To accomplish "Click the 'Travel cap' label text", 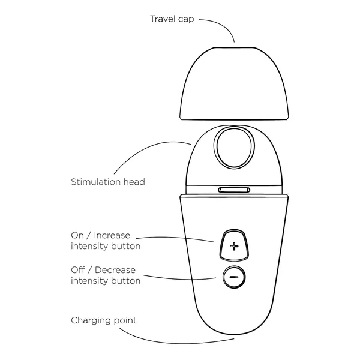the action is click(172, 19).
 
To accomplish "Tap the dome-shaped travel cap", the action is click(234, 83).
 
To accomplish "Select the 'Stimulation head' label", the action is click(108, 182).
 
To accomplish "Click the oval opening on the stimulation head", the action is click(234, 148).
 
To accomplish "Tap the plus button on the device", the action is click(234, 245).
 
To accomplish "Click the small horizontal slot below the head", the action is click(234, 190).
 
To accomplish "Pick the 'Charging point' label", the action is click(104, 320).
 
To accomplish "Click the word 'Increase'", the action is click(112, 235).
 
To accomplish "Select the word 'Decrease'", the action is click(115, 270).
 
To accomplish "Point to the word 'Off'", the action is click(78, 270).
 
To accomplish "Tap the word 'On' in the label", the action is click(77, 235).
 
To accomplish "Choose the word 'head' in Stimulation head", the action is click(134, 182).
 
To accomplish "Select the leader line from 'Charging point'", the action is click(175, 342).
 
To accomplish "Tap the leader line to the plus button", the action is click(175, 238).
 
